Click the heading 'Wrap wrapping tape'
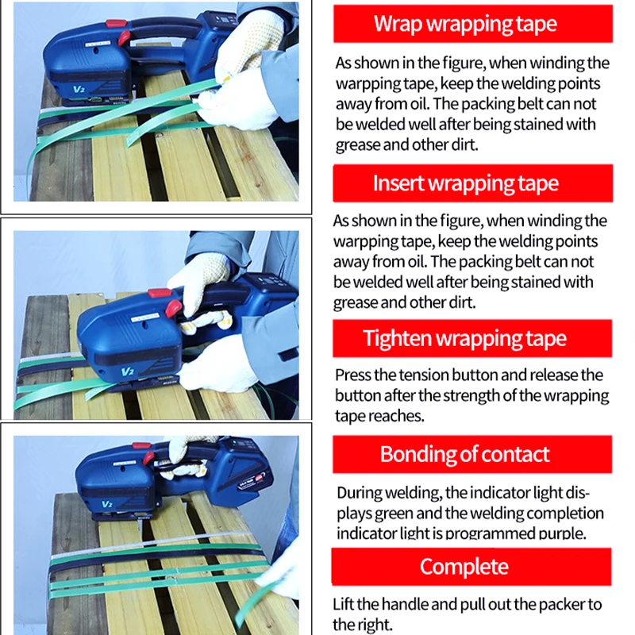pyautogui.click(x=466, y=24)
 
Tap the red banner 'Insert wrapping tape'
pyautogui.click(x=466, y=183)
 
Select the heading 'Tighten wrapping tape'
pyautogui.click(x=465, y=338)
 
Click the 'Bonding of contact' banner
pyautogui.click(x=464, y=454)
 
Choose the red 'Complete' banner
pyautogui.click(x=464, y=567)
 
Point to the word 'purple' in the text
pyautogui.click(x=560, y=533)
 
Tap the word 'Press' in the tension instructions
pyautogui.click(x=352, y=375)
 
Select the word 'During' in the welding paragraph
pyautogui.click(x=358, y=493)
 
